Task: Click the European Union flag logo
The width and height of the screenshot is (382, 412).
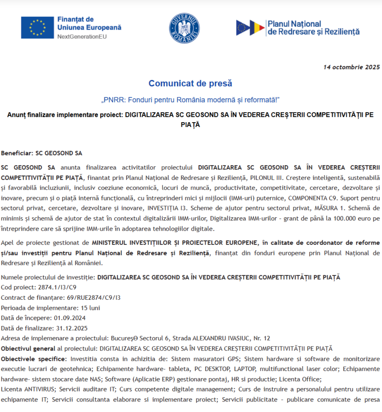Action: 37,28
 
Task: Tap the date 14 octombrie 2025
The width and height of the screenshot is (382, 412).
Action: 351,67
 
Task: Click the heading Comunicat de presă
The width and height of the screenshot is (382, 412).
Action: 190,84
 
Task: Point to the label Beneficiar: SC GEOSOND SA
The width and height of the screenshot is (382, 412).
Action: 42,154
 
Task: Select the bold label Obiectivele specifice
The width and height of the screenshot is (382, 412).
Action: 33,358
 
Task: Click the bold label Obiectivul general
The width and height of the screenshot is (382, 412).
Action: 28,348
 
